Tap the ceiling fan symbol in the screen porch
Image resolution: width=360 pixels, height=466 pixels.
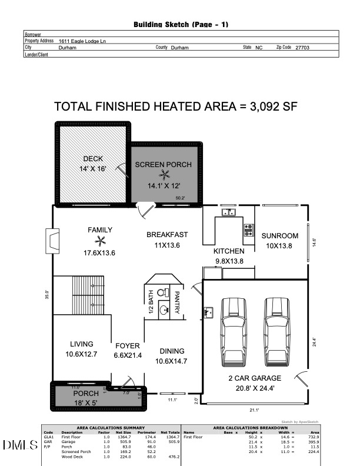point(163,174)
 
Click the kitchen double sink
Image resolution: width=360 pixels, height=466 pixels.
point(228,212)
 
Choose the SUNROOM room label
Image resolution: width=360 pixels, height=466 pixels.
point(280,236)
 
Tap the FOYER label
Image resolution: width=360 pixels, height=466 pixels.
point(127,345)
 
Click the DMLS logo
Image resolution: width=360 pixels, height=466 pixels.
point(20,445)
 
